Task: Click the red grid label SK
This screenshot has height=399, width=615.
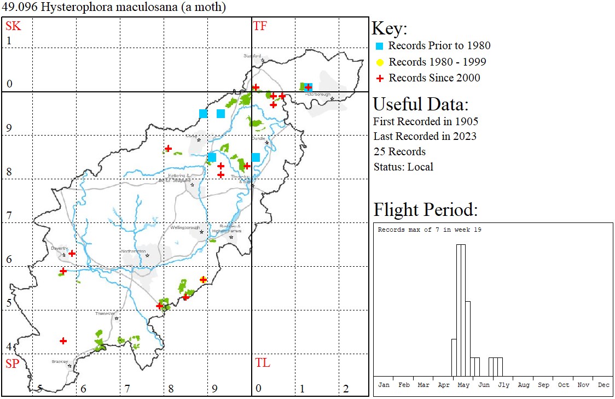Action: coord(13,26)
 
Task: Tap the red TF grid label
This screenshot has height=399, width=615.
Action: coord(260,26)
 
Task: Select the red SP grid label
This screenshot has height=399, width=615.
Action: coord(12,363)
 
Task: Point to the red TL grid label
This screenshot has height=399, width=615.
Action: coord(263,362)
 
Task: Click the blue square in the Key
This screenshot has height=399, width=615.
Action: coord(379,46)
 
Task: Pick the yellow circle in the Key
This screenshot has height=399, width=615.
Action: coord(379,62)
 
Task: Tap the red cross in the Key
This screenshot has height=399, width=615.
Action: coord(379,78)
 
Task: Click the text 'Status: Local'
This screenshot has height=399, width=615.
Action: coord(403,167)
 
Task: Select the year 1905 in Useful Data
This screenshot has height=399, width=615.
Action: coord(467,121)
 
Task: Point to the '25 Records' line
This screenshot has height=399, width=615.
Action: coord(399,151)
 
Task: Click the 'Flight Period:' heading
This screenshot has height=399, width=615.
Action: coord(426,210)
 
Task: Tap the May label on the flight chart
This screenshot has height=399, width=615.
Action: coord(463,385)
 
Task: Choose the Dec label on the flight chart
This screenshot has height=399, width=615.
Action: coord(604,385)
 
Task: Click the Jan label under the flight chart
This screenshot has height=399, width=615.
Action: coord(384,385)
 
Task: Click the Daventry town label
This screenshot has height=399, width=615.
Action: coord(59,248)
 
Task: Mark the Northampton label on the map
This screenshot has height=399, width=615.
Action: coord(134,251)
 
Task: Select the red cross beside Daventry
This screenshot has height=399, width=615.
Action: coord(72,254)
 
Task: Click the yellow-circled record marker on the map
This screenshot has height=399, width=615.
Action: coord(204,279)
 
